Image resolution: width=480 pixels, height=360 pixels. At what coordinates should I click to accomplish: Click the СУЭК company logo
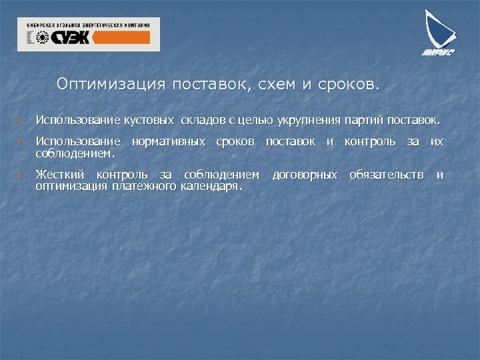(89, 35)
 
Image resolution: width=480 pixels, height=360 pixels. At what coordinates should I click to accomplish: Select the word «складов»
(202, 121)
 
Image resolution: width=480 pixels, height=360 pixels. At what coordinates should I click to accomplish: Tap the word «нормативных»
(169, 141)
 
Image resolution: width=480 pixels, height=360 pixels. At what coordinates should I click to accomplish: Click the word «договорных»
(305, 175)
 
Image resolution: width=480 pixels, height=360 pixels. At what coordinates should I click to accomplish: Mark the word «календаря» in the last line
(211, 186)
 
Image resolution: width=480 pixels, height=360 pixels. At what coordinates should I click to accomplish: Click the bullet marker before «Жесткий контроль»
(21, 176)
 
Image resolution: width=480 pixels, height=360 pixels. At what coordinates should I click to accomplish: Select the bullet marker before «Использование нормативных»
(21, 143)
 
